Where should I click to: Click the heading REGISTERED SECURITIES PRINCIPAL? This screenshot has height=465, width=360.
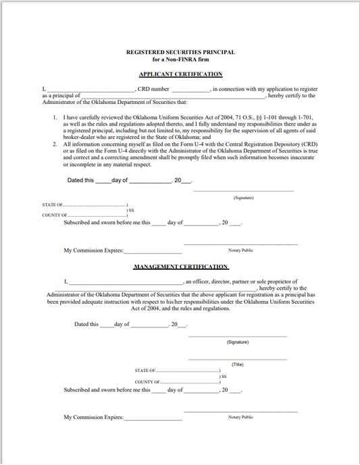point(180,52)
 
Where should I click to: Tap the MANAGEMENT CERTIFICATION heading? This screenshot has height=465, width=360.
point(180,267)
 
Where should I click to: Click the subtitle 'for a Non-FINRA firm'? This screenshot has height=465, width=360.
point(180,59)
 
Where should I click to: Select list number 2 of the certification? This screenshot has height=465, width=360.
point(55,144)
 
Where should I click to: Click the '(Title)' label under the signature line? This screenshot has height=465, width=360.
point(237,364)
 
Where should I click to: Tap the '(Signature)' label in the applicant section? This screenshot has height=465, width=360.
point(243,198)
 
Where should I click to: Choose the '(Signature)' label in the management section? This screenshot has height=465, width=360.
point(238,342)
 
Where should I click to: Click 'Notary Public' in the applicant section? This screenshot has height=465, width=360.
point(240,250)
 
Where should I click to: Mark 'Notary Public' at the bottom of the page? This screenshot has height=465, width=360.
point(240,417)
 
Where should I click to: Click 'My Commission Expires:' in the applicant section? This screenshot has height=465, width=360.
point(94,250)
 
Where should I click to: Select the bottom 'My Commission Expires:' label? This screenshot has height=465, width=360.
point(94,418)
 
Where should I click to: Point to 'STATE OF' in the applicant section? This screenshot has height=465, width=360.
point(53,205)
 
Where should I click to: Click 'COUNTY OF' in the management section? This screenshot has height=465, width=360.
point(148,382)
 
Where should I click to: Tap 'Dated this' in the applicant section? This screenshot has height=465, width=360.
point(81,181)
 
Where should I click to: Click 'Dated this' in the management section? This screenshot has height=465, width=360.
point(86,325)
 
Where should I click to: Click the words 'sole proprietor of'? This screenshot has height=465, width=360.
point(274,281)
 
